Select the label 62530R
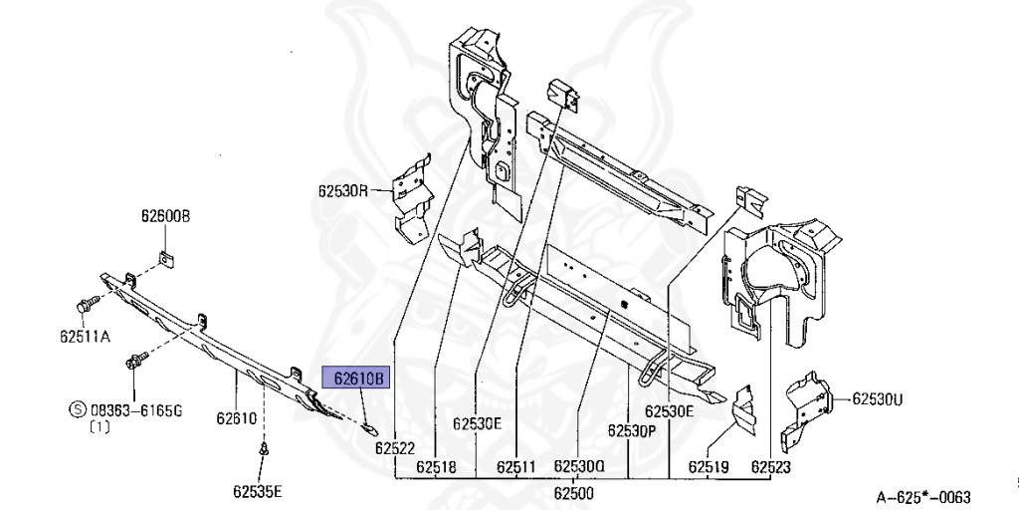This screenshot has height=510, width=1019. tap(344, 189)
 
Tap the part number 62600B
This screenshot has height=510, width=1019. tap(164, 217)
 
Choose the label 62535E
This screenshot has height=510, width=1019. tap(258, 490)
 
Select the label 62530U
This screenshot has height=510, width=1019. tap(877, 399)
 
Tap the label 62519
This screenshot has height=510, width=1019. tap(708, 466)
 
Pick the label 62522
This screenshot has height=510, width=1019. tap(395, 449)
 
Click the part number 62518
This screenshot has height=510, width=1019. tap(436, 466)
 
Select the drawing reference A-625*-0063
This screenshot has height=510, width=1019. tap(922, 497)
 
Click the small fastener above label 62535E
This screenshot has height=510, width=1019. tap(265, 451)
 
